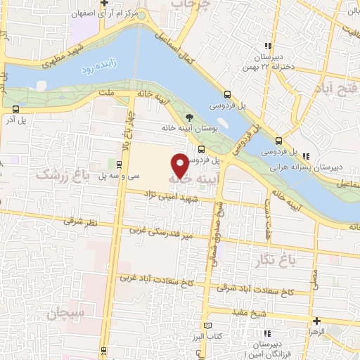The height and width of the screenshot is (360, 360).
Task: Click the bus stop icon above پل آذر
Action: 15,109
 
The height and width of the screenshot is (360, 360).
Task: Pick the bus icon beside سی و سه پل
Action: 118,165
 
